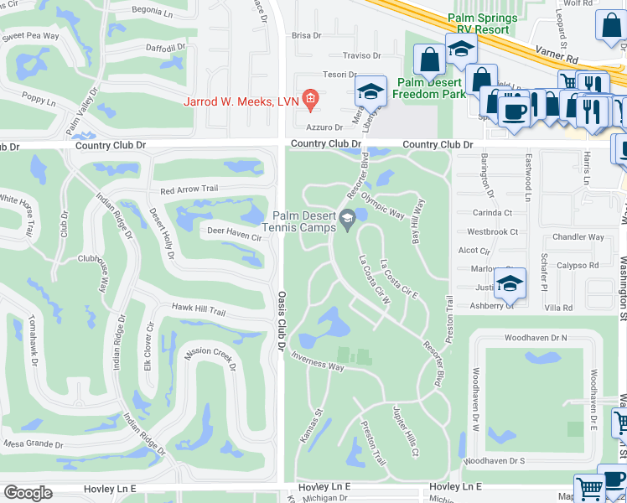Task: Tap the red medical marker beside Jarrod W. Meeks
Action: click(x=309, y=100)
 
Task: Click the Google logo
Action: click(x=28, y=493)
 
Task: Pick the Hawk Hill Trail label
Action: click(x=198, y=311)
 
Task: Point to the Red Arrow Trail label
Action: click(x=189, y=190)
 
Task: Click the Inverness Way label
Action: click(x=318, y=363)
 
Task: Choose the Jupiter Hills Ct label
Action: click(x=405, y=431)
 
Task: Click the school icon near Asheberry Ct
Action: click(x=508, y=283)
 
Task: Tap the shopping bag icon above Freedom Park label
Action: click(x=429, y=60)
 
